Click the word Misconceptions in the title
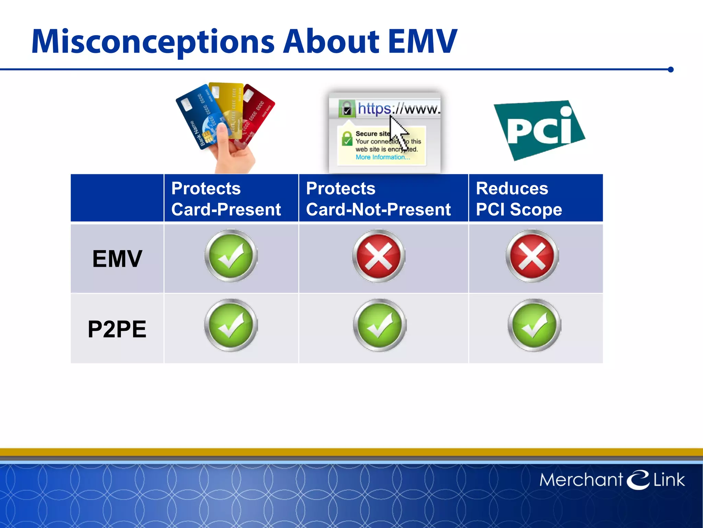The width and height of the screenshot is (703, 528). (153, 42)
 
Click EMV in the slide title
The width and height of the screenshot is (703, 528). (423, 42)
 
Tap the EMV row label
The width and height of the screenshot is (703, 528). (117, 258)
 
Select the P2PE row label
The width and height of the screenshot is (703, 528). (117, 329)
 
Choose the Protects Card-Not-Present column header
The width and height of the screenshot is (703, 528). (378, 199)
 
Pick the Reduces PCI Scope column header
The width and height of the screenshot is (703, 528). (519, 199)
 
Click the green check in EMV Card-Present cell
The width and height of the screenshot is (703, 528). (231, 256)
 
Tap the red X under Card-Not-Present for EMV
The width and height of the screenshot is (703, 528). (379, 256)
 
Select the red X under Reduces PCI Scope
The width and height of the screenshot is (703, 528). (532, 256)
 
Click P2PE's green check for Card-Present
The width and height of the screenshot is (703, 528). (231, 325)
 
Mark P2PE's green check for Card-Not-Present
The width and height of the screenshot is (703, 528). (379, 325)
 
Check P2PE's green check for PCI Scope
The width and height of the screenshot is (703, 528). (534, 325)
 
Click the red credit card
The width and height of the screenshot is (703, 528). (259, 110)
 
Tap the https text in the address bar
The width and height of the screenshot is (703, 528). (374, 109)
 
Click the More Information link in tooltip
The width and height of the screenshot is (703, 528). (382, 157)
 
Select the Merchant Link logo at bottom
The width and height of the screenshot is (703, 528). (612, 480)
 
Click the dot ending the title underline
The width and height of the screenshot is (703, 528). (671, 69)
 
